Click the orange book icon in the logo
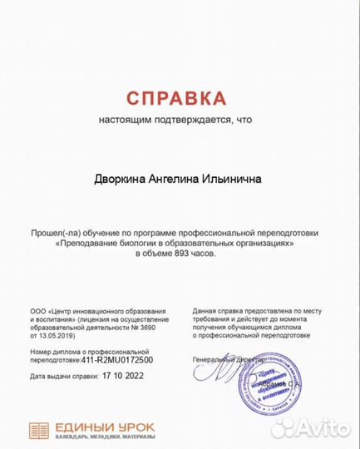tap(39, 430)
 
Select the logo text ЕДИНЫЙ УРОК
tap(104, 427)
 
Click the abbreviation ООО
tap(38, 310)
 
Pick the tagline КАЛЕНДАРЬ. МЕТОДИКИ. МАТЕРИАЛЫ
tap(104, 437)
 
